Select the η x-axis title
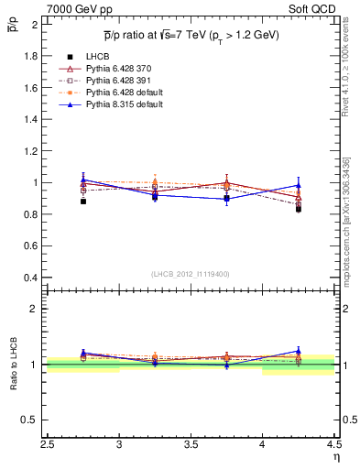pos(335,456)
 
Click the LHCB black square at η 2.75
pos(83,201)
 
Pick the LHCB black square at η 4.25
pos(299,209)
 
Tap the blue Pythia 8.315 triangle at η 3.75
pos(227,198)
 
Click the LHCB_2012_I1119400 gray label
pos(191,274)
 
